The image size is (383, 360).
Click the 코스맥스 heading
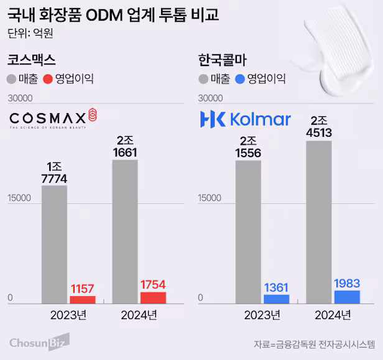[x=31, y=60]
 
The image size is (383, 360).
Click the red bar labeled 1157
[x=82, y=300]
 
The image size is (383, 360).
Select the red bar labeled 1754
[x=153, y=297]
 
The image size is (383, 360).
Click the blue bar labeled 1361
[x=276, y=298]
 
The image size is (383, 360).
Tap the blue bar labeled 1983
[x=347, y=297]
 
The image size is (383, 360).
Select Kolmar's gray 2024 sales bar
[x=319, y=218]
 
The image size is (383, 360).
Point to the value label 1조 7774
[x=54, y=173]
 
